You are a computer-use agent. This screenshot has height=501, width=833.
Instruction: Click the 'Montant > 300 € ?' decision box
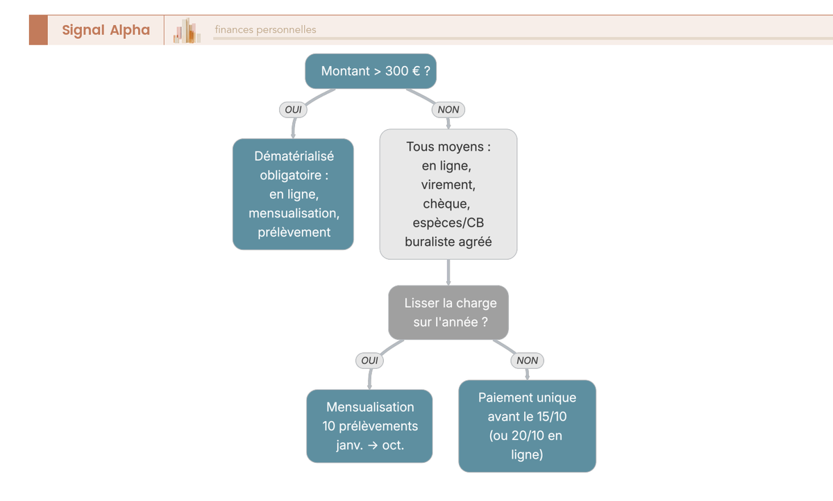pyautogui.click(x=371, y=71)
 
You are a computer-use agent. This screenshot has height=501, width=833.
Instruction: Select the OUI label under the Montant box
pyautogui.click(x=293, y=110)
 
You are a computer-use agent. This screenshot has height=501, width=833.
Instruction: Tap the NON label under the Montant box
pyautogui.click(x=448, y=110)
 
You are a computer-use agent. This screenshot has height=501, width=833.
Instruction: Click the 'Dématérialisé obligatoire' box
pyautogui.click(x=293, y=195)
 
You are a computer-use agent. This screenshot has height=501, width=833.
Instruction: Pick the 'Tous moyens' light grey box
pyautogui.click(x=448, y=195)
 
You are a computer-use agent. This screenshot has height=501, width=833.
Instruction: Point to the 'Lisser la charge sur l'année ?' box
pyautogui.click(x=448, y=313)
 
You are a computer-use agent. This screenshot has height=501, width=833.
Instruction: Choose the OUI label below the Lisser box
pyautogui.click(x=369, y=361)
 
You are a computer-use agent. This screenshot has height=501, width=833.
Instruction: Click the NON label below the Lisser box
pyautogui.click(x=527, y=361)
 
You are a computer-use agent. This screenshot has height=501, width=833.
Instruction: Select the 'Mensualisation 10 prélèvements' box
pyautogui.click(x=369, y=426)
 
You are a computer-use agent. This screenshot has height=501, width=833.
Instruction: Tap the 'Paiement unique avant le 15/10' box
pyautogui.click(x=527, y=426)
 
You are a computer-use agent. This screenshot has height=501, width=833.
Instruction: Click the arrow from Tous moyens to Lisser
pyautogui.click(x=448, y=272)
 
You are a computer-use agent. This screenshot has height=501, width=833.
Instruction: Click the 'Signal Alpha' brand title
pyautogui.click(x=106, y=30)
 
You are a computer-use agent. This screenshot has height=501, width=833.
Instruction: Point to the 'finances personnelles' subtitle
pyautogui.click(x=265, y=30)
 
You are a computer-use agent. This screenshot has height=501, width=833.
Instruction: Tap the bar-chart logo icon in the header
pyautogui.click(x=187, y=31)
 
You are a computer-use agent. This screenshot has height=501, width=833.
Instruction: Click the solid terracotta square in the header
pyautogui.click(x=38, y=30)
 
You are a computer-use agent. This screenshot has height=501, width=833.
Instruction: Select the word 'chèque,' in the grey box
pyautogui.click(x=446, y=204)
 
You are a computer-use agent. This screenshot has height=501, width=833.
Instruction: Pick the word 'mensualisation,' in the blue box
pyautogui.click(x=294, y=213)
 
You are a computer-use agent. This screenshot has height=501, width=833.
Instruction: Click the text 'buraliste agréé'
pyautogui.click(x=448, y=242)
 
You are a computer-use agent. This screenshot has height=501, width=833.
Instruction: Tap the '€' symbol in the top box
pyautogui.click(x=416, y=71)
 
